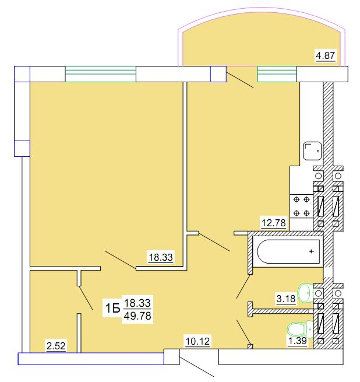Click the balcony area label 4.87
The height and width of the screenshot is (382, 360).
point(326,55)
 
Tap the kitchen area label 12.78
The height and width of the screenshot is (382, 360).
point(274,223)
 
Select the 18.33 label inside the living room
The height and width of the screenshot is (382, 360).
point(161,257)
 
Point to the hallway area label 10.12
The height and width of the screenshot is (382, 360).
point(197,341)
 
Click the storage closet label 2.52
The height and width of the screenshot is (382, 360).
point(56,346)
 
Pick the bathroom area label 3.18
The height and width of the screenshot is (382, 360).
point(286,299)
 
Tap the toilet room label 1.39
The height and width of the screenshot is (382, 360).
point(298,341)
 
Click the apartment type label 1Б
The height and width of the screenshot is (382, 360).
point(112,309)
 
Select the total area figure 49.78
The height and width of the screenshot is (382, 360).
point(137,316)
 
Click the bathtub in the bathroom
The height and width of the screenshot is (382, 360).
point(288,251)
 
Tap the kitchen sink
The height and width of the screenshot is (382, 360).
point(312,151)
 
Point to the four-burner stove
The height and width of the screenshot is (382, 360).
point(301,206)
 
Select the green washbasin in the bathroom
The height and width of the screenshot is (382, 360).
point(305,293)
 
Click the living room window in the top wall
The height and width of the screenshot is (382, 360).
point(101,74)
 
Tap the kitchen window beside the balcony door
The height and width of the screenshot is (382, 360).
point(277,74)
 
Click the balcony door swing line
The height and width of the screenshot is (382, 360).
point(240,80)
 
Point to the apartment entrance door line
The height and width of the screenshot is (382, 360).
point(197,367)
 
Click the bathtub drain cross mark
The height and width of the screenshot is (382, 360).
point(311,251)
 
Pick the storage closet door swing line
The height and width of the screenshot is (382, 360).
point(86,298)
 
